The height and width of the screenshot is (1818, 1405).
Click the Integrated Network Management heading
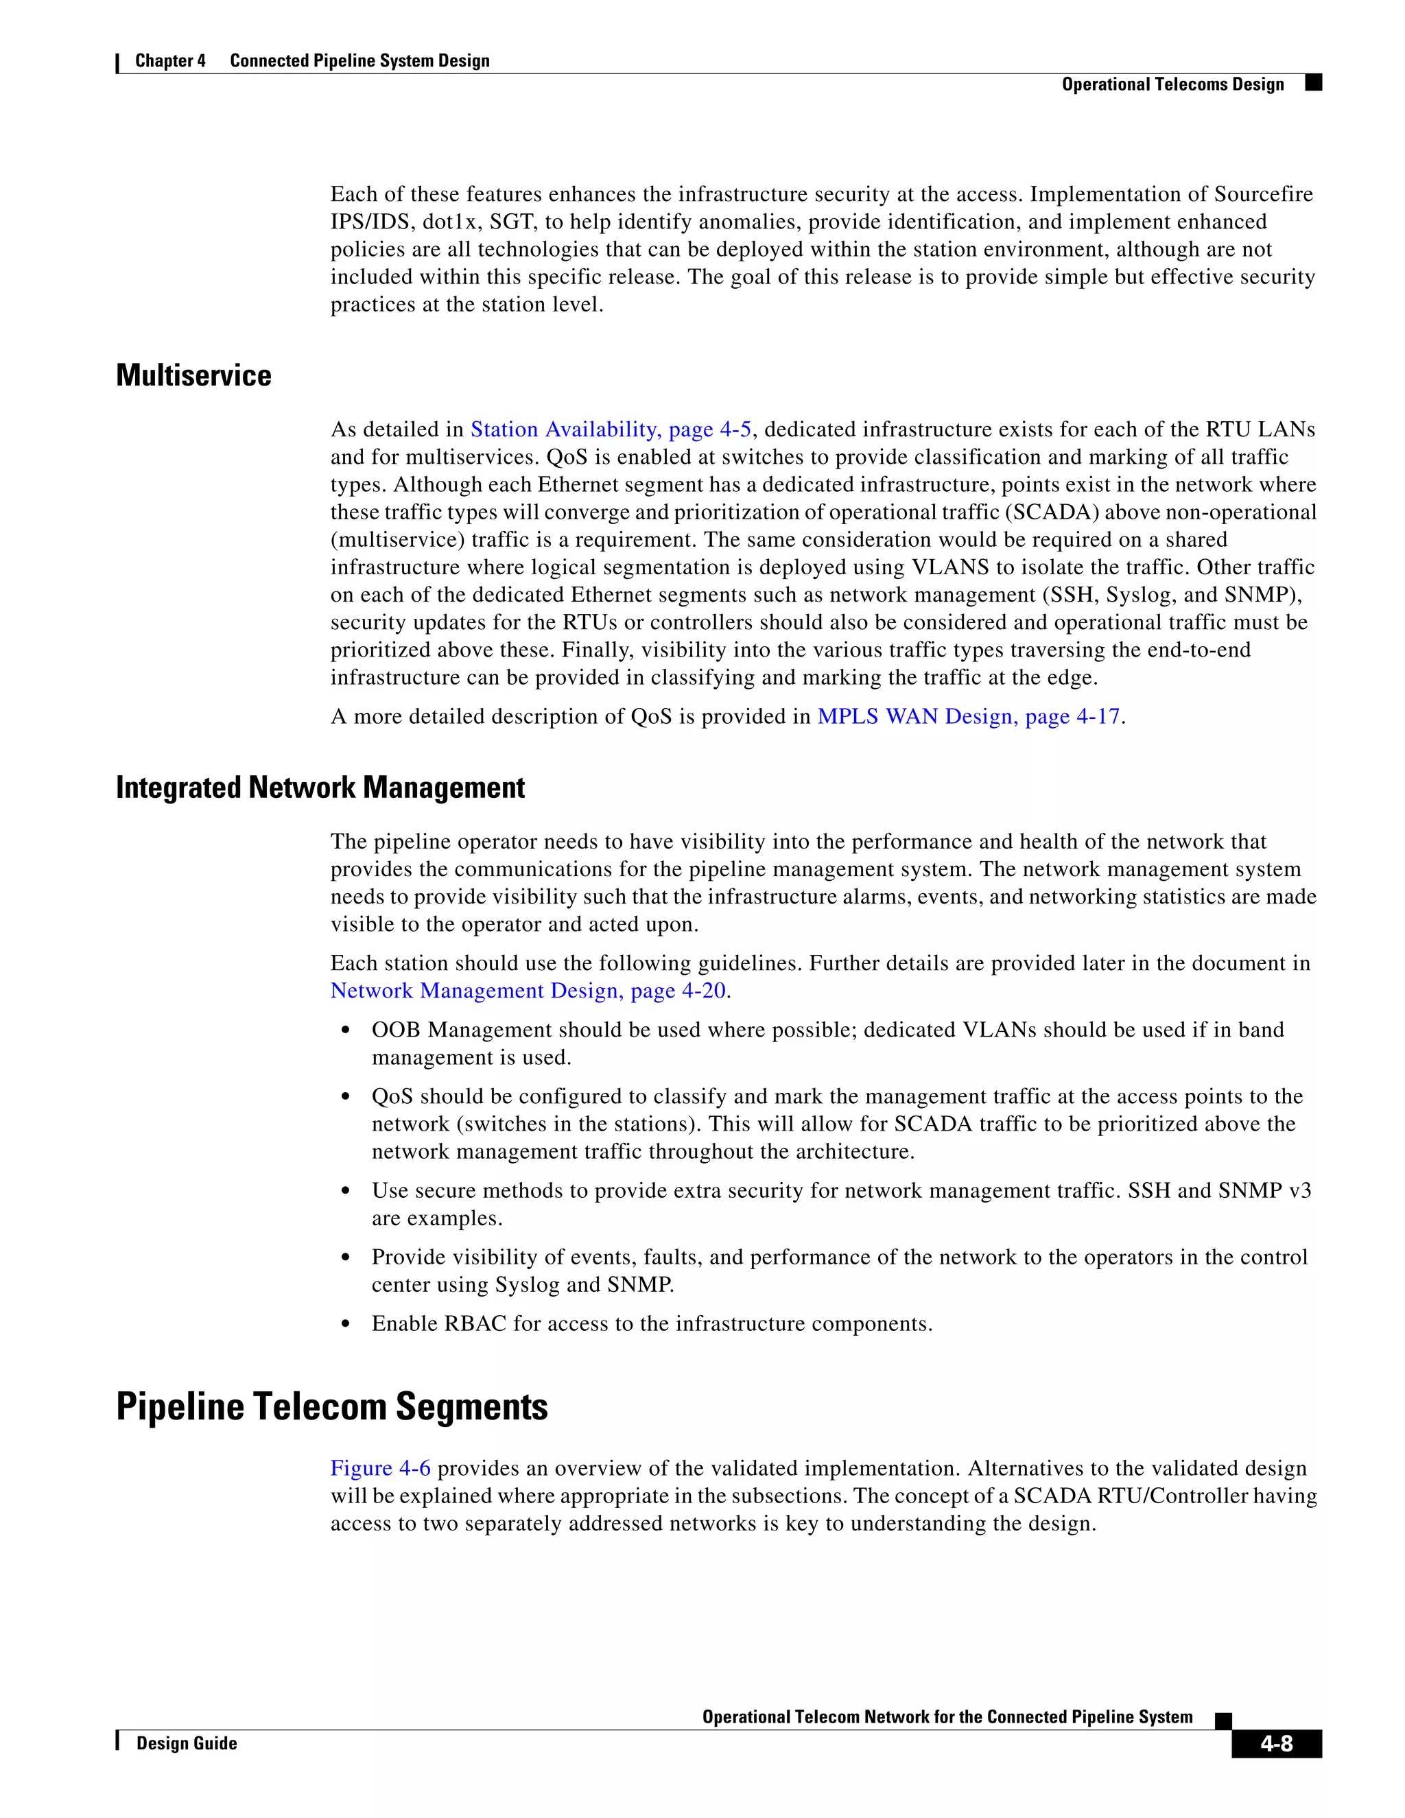pos(320,788)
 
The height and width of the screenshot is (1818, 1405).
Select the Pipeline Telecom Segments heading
pos(331,1407)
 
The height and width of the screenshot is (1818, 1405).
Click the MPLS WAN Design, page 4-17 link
pos(968,717)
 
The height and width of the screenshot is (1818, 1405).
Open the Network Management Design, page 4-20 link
pos(528,991)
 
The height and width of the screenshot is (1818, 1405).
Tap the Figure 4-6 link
pos(380,1468)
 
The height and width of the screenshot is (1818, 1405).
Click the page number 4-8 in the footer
pos(1275,1743)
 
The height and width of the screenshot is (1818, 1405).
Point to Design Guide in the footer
pos(187,1743)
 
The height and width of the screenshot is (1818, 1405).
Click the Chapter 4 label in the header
pos(170,61)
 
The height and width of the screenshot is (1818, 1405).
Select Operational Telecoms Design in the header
pos(1172,84)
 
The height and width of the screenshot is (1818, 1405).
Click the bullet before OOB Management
pos(346,1031)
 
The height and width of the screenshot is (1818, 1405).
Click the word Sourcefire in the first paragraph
pos(1263,195)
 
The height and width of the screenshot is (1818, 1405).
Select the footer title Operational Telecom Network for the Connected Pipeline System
pos(947,1716)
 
